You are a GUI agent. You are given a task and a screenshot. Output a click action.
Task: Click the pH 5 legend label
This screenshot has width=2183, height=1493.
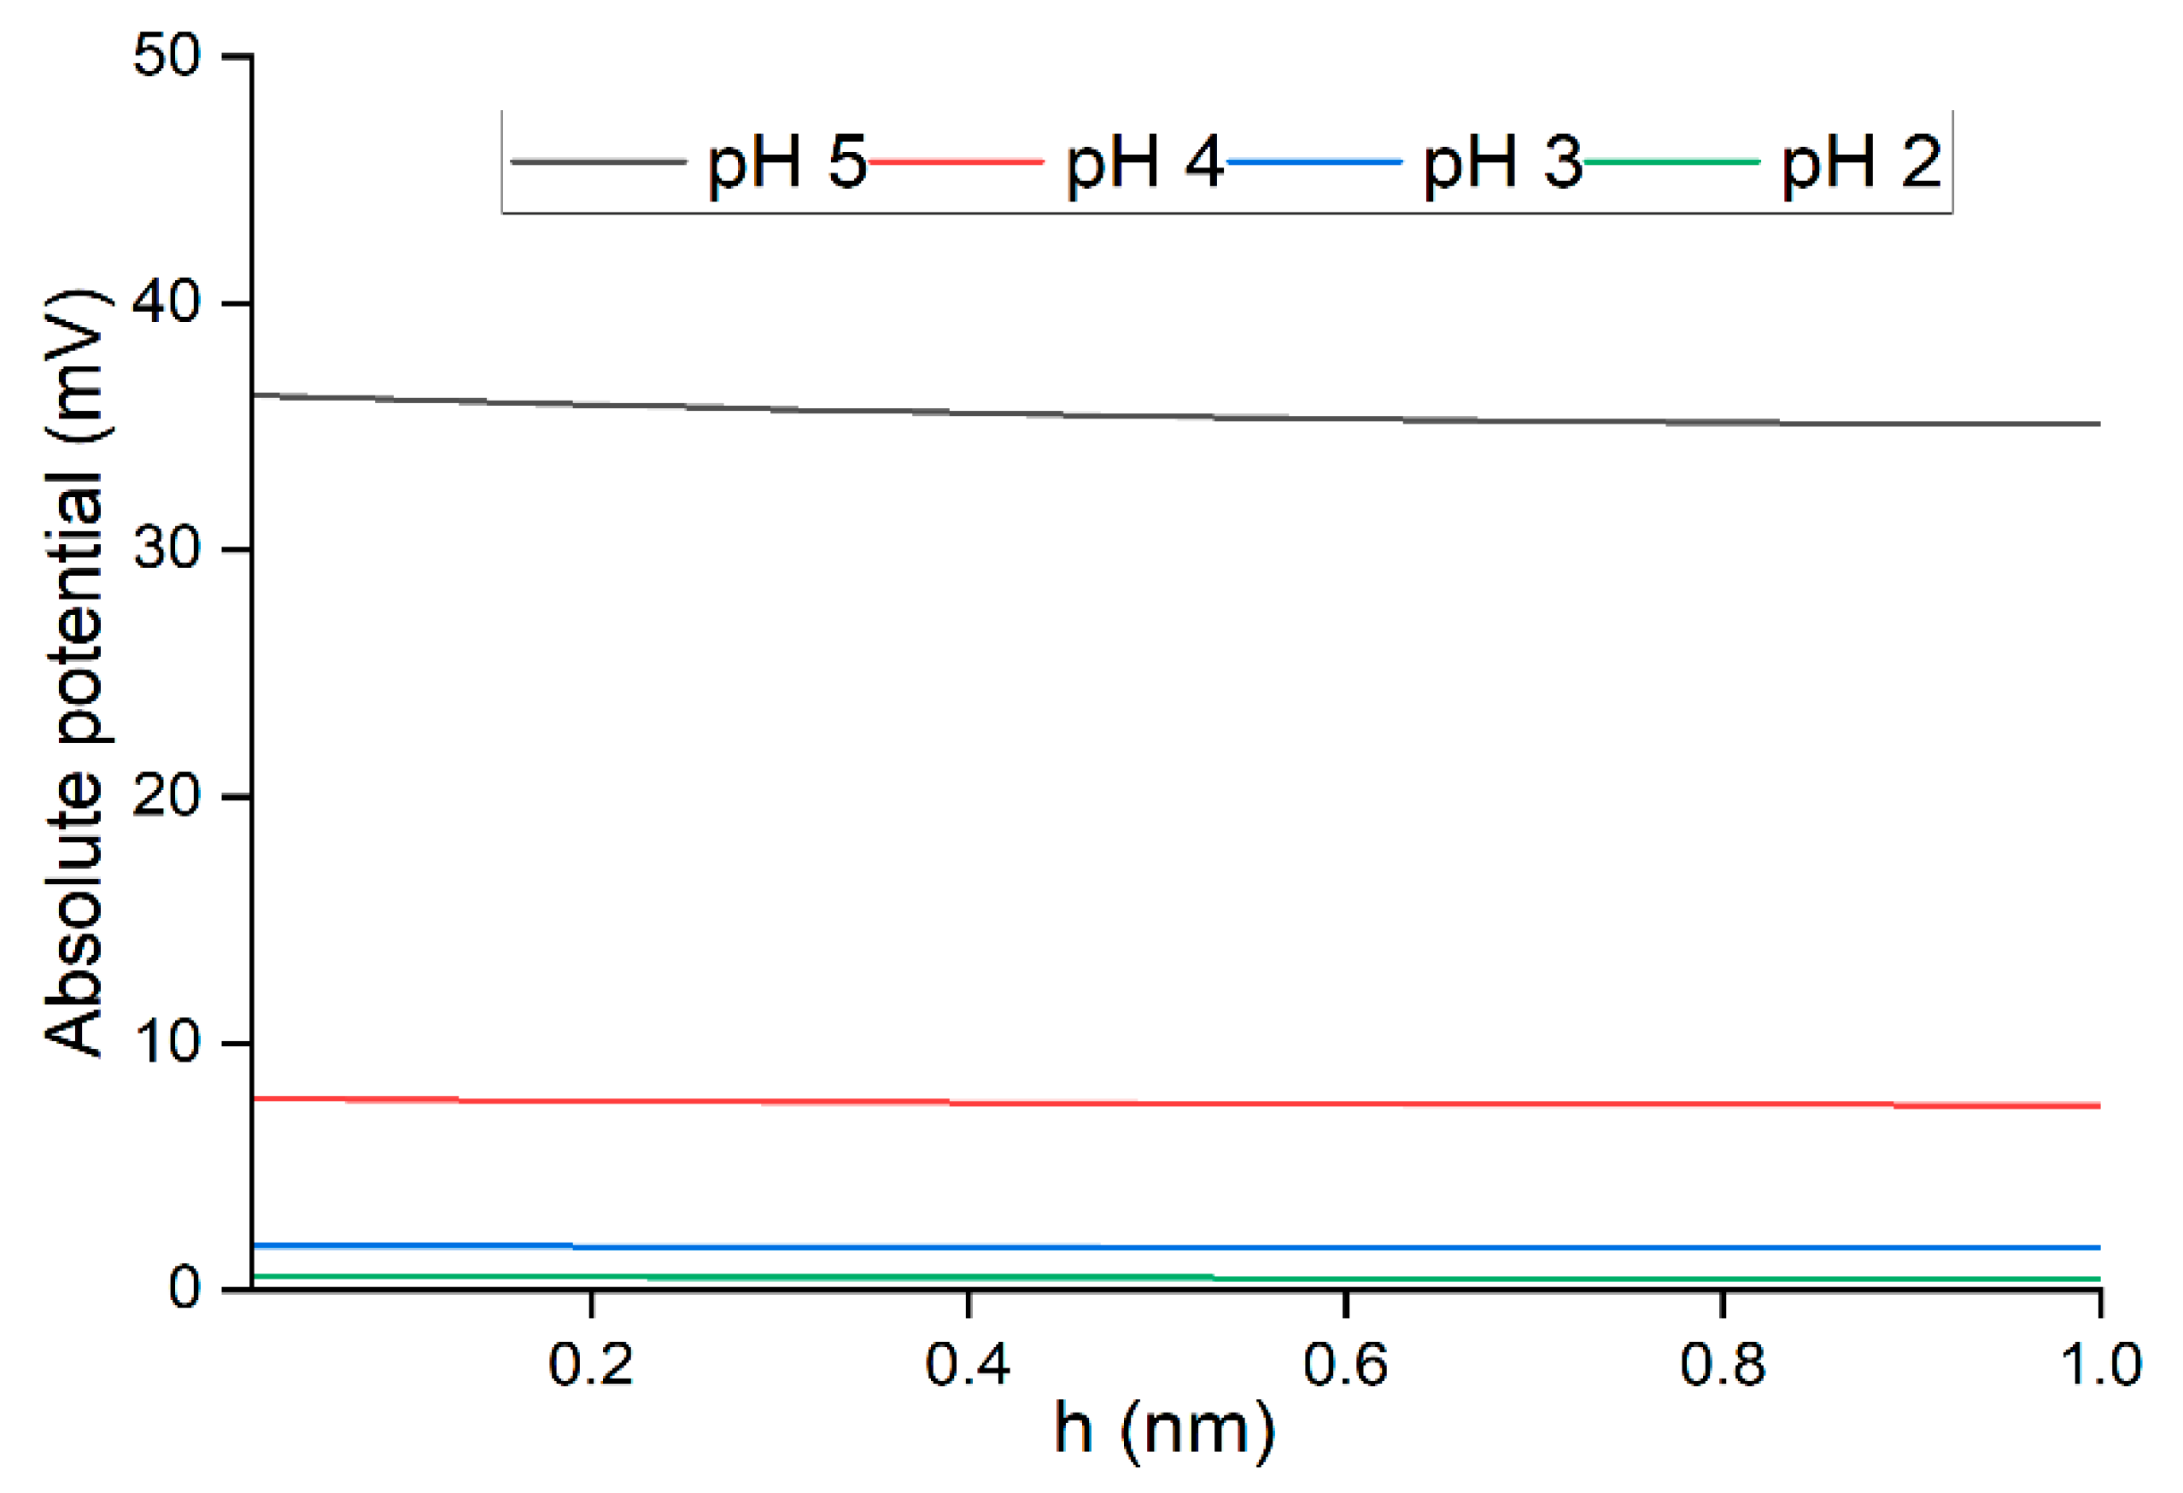pos(787,162)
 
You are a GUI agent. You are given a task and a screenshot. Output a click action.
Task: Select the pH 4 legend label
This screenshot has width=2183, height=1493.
pos(1144,162)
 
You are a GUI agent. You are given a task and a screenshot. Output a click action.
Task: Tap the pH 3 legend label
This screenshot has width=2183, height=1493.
pos(1502,162)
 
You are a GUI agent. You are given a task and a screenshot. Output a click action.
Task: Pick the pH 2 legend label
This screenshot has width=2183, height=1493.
pos(1861,162)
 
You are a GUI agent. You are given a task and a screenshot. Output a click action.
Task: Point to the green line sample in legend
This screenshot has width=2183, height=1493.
pos(1672,161)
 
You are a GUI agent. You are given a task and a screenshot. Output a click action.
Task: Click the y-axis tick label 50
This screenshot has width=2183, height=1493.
pos(167,56)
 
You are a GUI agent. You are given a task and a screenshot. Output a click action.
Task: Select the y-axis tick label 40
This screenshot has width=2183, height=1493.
pos(167,303)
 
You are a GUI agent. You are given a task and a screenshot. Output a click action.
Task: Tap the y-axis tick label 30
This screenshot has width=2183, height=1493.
pos(167,550)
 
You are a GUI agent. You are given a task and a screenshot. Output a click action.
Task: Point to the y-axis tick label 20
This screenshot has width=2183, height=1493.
pos(167,797)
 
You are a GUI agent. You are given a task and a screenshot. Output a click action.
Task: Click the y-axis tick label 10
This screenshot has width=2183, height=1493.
pos(167,1043)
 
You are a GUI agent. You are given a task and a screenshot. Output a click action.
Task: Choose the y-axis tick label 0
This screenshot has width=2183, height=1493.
pos(184,1289)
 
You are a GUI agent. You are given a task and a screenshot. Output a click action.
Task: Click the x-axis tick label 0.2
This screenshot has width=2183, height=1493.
pos(591,1365)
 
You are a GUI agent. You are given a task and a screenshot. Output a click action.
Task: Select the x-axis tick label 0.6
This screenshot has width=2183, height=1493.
pos(1345,1365)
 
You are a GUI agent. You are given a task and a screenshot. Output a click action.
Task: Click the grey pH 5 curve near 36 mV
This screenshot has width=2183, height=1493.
pos(1127,414)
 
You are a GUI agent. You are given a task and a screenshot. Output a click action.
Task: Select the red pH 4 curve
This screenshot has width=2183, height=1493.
pos(1127,1103)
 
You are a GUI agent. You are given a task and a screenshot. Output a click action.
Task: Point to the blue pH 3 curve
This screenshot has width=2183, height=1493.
pos(1127,1248)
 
